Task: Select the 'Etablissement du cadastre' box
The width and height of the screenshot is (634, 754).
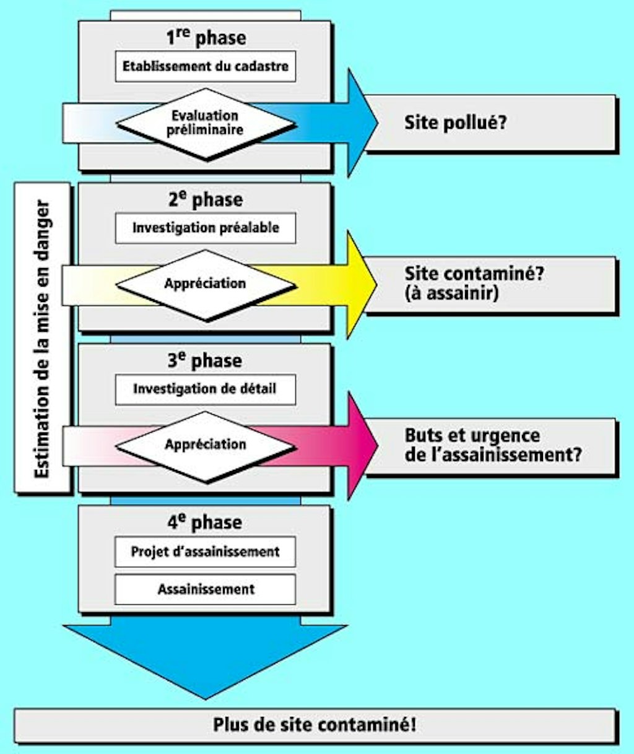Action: pyautogui.click(x=205, y=67)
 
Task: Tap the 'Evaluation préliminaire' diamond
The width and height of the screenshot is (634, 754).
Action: pyautogui.click(x=205, y=123)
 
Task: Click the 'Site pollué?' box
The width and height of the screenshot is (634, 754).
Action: pyautogui.click(x=492, y=123)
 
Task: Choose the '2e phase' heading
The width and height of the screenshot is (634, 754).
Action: pyautogui.click(x=206, y=199)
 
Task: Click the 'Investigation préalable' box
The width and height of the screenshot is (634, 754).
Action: pyautogui.click(x=205, y=228)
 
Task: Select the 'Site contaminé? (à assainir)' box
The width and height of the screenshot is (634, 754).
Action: pyautogui.click(x=492, y=284)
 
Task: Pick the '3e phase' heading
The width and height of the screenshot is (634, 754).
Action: pyautogui.click(x=206, y=360)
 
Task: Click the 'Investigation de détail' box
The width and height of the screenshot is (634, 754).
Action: pyautogui.click(x=205, y=389)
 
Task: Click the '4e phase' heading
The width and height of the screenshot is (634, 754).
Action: pyautogui.click(x=206, y=522)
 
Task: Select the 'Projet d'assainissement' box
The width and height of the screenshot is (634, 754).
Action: pyautogui.click(x=205, y=552)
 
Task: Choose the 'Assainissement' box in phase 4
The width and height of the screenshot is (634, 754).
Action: pyautogui.click(x=205, y=589)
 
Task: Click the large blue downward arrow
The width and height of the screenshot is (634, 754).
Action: pyautogui.click(x=205, y=656)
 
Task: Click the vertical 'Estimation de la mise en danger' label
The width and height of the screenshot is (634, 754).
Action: pyautogui.click(x=42, y=338)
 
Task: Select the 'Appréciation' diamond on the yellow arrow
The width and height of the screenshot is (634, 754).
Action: pyautogui.click(x=205, y=284)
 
